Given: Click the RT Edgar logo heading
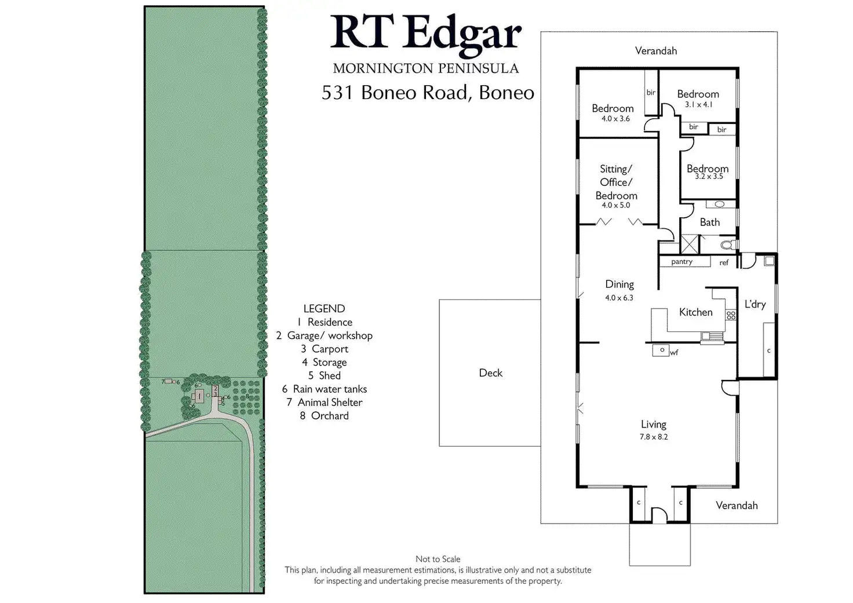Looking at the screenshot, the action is coord(426,34).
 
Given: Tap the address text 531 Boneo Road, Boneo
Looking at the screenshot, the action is coord(428,93).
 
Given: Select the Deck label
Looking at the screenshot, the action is coord(490,373).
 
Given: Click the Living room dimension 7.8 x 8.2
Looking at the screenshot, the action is coord(654,437).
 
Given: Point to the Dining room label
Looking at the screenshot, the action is coord(619,284).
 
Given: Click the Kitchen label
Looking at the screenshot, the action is coord(695,312).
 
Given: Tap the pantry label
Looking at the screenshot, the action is coord(681,262).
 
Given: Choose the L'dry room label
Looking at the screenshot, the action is coord(755,304).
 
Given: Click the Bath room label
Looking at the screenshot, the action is coord(709,222).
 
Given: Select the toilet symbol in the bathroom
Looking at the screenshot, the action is coord(727,245).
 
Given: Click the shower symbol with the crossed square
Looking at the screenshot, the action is coord(690,244).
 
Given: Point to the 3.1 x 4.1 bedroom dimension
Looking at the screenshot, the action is coord(698,105).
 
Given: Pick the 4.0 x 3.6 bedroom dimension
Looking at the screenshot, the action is coord(615,119).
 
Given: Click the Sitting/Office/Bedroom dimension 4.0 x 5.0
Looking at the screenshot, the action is coord(615,205).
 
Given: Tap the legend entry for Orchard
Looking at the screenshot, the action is coord(324,416).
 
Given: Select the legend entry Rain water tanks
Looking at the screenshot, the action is coord(324,389).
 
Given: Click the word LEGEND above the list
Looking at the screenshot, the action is coord(324,309).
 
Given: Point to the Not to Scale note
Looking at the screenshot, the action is coord(438,559).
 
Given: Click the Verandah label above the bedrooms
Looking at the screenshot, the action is coord(655,51).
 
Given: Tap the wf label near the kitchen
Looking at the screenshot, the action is coord(674,352).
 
